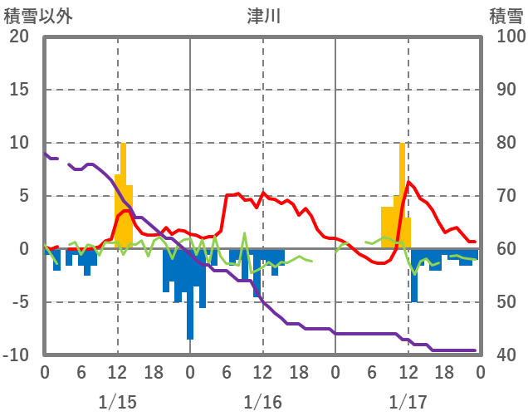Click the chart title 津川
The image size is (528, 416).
click(264, 15)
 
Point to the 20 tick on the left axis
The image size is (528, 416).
click(19, 37)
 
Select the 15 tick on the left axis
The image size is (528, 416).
click(19, 90)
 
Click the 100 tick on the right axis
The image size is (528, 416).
click(506, 37)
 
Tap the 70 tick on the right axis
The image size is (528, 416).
click(502, 196)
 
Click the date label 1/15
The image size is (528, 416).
click(117, 402)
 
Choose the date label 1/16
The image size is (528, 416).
click(262, 402)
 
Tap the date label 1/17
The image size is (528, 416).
click(408, 402)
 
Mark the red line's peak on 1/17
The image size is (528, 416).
click(408, 182)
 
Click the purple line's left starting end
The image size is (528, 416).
click(45, 153)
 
